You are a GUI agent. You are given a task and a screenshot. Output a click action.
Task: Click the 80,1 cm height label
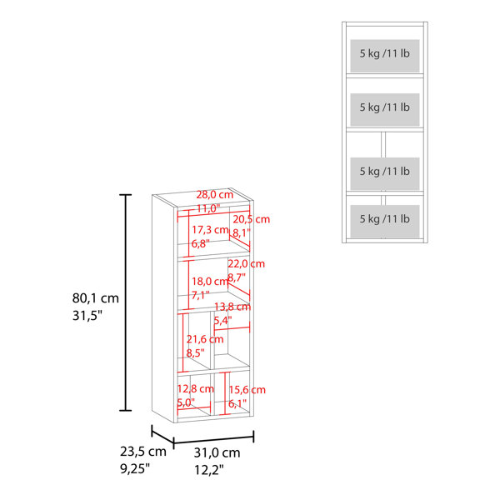tap(95, 298)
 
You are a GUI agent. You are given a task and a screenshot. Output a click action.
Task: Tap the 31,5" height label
tap(87, 316)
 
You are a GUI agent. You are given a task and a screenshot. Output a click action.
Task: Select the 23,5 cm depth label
tap(143, 452)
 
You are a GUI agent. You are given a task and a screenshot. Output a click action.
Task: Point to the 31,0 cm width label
tap(217, 452)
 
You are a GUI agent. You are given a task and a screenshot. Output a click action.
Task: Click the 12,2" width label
tap(209, 470)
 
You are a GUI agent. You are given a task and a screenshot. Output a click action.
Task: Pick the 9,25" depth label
tap(135, 468)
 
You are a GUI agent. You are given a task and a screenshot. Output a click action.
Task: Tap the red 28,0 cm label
tap(215, 194)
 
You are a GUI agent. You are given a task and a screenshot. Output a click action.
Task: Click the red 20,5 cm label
tap(252, 219)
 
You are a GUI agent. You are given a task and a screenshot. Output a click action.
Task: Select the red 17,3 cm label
tap(210, 230)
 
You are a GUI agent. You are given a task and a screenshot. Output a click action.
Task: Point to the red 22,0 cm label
tap(246, 263)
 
